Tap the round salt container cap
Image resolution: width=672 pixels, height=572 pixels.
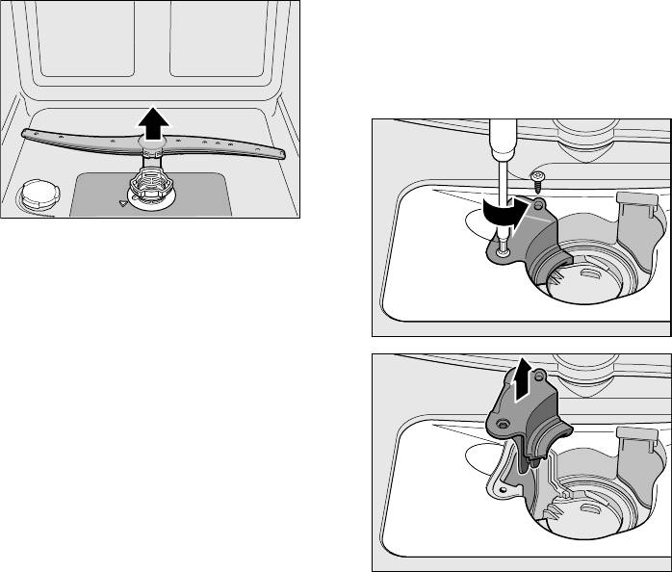(34, 193)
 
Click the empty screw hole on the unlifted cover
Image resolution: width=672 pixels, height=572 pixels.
(539, 204)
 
